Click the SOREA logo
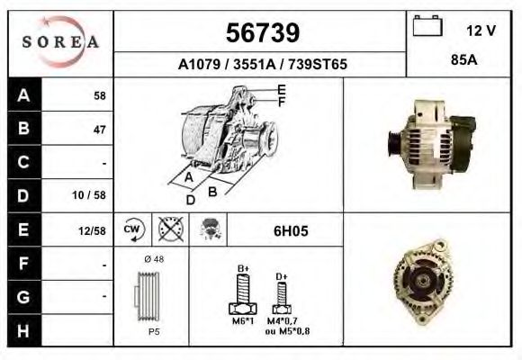(x=61, y=43)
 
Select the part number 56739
(x=261, y=33)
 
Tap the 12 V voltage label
(x=481, y=31)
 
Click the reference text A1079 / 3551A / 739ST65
(x=262, y=65)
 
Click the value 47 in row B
(x=100, y=129)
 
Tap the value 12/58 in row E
(x=93, y=230)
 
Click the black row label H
(x=24, y=329)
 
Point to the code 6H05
(x=290, y=230)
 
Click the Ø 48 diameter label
(x=153, y=259)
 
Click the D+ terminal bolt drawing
(x=282, y=295)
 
